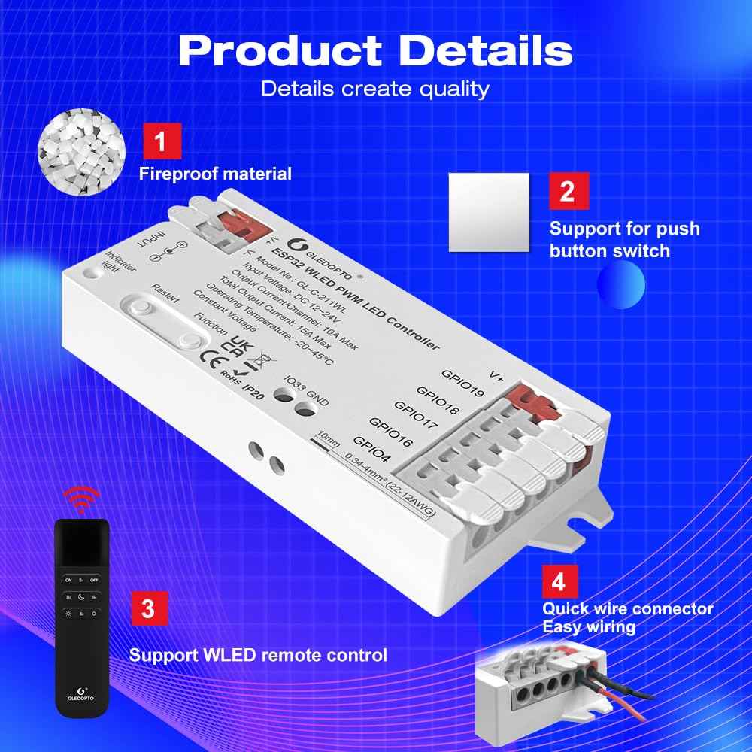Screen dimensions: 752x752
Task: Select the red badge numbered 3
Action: click(149, 608)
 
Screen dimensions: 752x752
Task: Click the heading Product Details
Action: click(375, 50)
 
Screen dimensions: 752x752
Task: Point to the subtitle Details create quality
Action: click(375, 89)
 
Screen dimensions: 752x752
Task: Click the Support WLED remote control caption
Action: click(258, 654)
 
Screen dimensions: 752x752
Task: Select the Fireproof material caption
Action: click(215, 174)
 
